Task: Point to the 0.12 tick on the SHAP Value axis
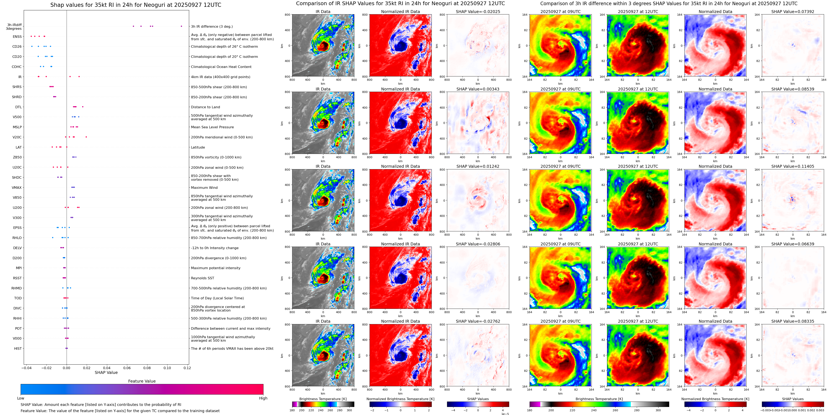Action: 187,368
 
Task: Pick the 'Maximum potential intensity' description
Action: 216,268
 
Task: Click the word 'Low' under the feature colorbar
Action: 21,398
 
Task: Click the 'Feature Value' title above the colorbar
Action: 142,381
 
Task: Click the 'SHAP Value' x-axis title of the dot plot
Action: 106,372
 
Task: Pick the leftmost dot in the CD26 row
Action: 32,46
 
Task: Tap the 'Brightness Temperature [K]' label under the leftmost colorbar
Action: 323,399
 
